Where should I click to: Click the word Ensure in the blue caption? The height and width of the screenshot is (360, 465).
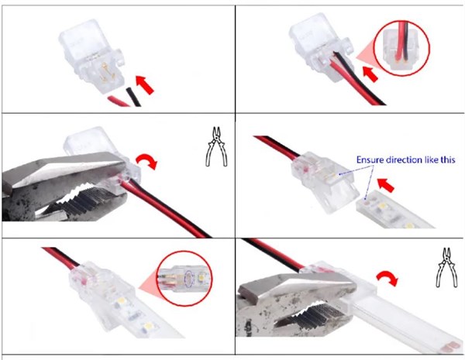pyautogui.click(x=371, y=160)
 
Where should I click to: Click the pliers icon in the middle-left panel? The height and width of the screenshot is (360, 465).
pyautogui.click(x=216, y=146)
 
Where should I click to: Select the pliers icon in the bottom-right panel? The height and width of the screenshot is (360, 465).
pyautogui.click(x=446, y=268)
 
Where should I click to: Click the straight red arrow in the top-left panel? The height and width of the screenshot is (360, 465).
pyautogui.click(x=145, y=84)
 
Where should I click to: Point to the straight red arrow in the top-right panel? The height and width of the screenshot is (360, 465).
pyautogui.click(x=370, y=74)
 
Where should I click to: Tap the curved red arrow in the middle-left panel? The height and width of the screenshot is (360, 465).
pyautogui.click(x=146, y=162)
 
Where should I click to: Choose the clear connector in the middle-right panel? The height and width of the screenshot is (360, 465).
pyautogui.click(x=325, y=180)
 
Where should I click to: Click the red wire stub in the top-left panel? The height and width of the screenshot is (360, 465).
pyautogui.click(x=119, y=101)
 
